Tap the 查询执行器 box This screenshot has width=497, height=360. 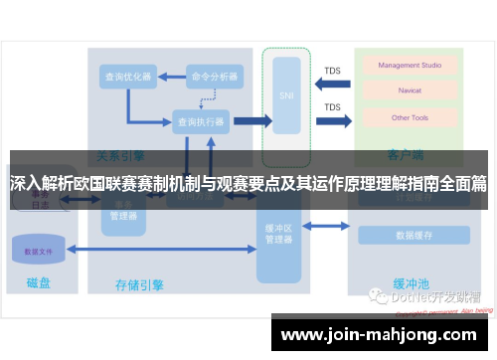[201, 121]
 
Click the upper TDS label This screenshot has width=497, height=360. [332, 71]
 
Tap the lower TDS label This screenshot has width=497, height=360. [332, 107]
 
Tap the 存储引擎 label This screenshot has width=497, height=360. [140, 285]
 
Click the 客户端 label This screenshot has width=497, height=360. [406, 155]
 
